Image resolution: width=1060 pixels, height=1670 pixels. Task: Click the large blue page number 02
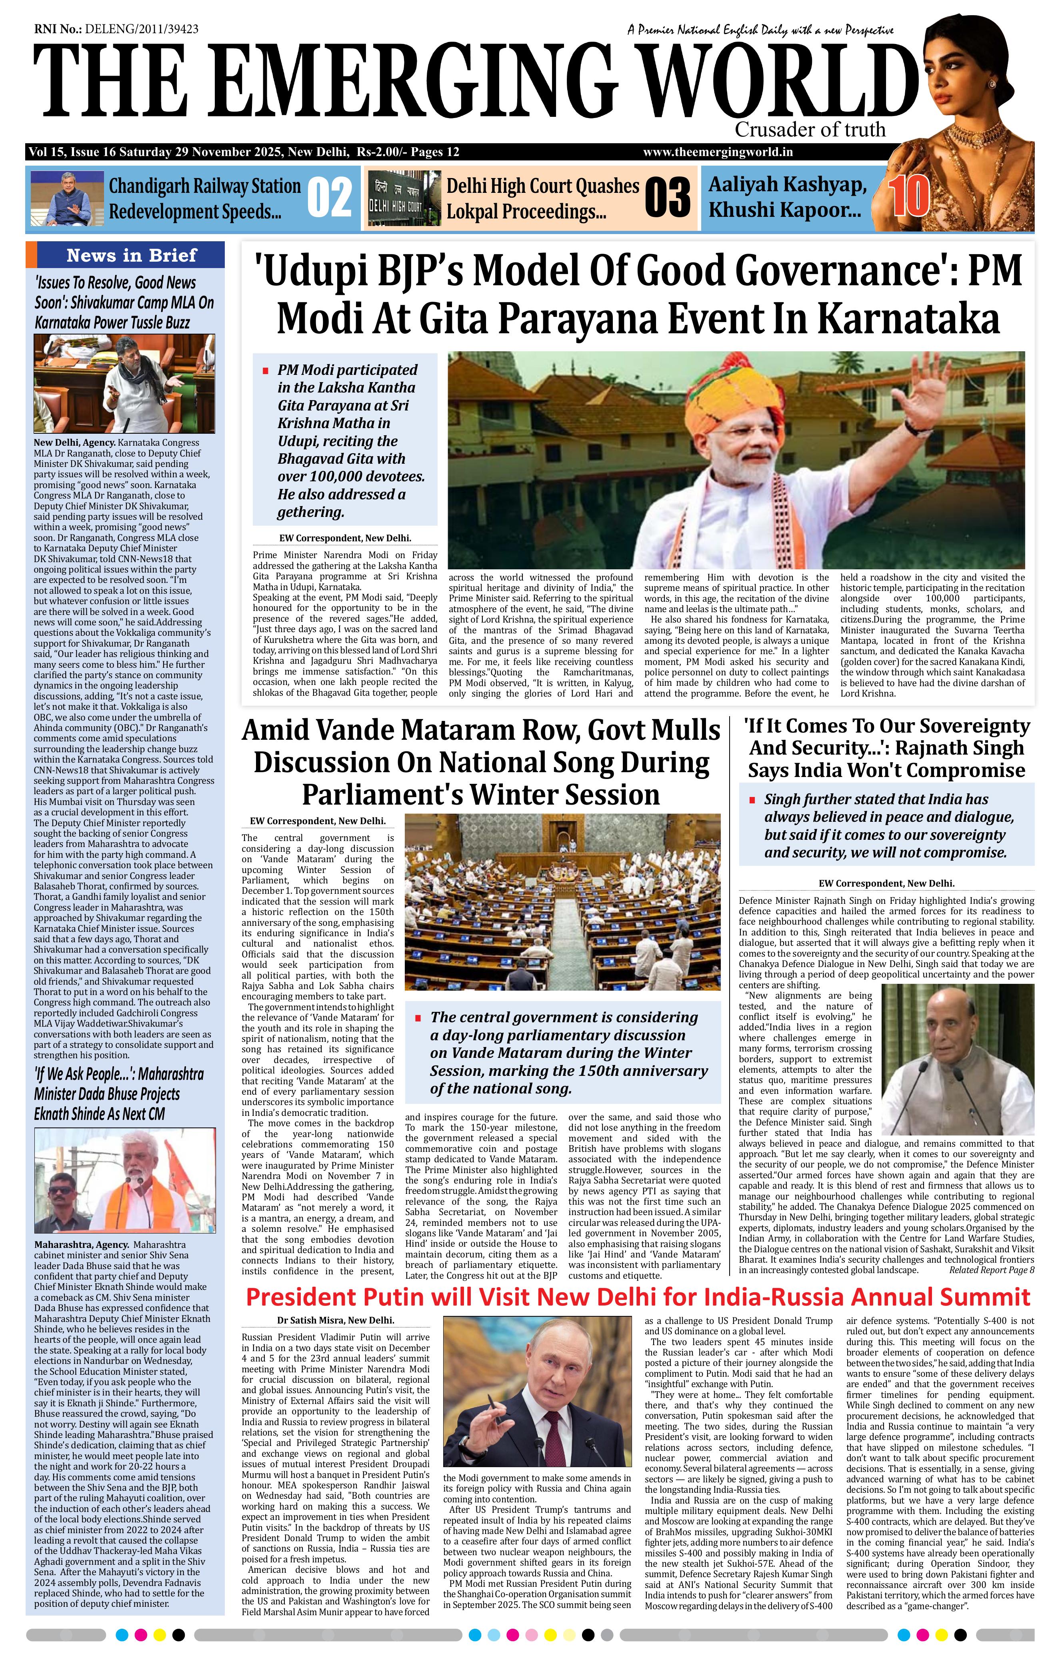(329, 198)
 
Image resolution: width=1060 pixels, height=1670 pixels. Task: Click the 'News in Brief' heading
(131, 255)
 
